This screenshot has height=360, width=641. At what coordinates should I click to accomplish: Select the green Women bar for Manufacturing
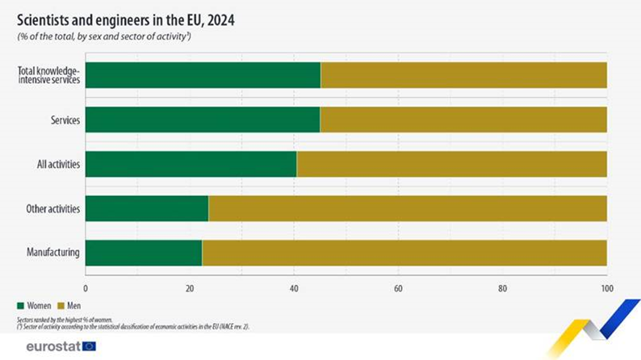(143, 253)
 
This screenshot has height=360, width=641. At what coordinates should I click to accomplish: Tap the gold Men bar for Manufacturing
(404, 253)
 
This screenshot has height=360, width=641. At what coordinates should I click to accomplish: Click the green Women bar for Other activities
(146, 208)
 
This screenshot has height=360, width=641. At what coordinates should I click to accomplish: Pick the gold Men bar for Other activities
(408, 208)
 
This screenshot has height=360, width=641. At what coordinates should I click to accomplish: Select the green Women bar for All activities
(191, 164)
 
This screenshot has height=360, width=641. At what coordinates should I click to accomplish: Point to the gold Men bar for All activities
(451, 164)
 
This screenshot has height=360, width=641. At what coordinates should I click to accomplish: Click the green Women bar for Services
(202, 119)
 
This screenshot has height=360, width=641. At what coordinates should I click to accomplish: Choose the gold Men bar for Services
(463, 119)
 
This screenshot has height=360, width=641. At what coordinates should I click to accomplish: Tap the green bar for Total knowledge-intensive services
(203, 75)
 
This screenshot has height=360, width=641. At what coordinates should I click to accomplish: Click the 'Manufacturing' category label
(52, 253)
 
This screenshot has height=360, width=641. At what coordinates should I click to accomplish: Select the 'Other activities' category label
(52, 208)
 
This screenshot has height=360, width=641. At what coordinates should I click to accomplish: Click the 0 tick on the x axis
(85, 287)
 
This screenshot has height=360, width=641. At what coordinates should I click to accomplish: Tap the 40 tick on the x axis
(294, 287)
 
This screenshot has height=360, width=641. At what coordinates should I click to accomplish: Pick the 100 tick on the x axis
(606, 287)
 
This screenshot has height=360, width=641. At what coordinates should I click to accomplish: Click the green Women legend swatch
(21, 306)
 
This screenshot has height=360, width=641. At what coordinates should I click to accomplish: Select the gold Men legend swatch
(61, 306)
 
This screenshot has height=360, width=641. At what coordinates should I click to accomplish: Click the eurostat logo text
(52, 346)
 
